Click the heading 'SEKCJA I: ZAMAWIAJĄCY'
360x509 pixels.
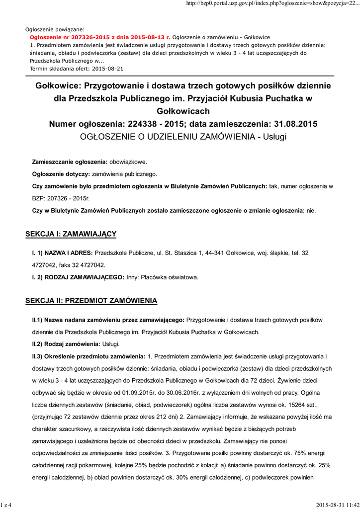(71, 234)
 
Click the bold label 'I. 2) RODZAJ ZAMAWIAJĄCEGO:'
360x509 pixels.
(78, 277)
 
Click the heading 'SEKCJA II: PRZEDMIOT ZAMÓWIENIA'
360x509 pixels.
(91, 301)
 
